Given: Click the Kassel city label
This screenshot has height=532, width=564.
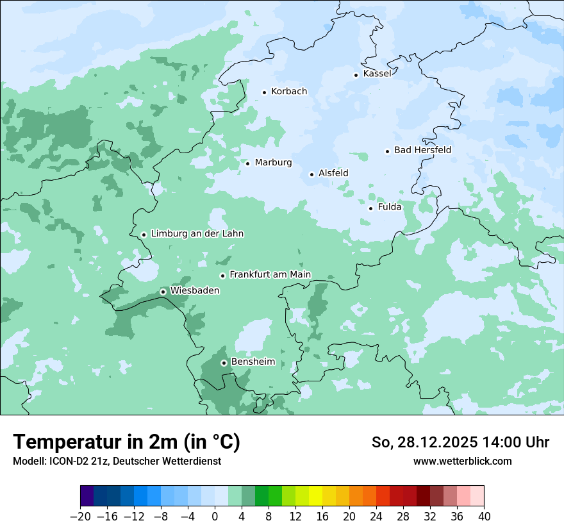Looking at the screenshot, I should pos(377,74).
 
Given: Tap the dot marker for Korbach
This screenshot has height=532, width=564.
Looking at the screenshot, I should pos(264,92).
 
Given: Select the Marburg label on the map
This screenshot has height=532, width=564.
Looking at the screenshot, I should pos(273,163).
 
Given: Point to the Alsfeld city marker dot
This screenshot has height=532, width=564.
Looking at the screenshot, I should pos(311,174).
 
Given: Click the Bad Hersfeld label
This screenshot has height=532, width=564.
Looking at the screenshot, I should pos(422,151).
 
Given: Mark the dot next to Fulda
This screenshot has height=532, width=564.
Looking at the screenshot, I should pos(370,208).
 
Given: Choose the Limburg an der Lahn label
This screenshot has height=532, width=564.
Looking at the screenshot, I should pos(197,234).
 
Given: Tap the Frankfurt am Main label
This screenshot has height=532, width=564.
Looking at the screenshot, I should pos(270,275).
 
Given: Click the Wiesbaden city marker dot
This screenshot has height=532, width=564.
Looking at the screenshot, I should pos(163,292).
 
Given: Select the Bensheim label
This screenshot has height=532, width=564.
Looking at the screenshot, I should pos(253,362).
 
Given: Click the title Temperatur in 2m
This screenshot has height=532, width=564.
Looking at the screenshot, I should pos(126,442).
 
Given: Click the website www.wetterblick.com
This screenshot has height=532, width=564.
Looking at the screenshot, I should pos(462,461).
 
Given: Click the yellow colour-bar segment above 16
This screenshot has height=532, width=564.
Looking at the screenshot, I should pos(315,496).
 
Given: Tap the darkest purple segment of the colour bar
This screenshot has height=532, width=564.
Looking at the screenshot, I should pos(87,496).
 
